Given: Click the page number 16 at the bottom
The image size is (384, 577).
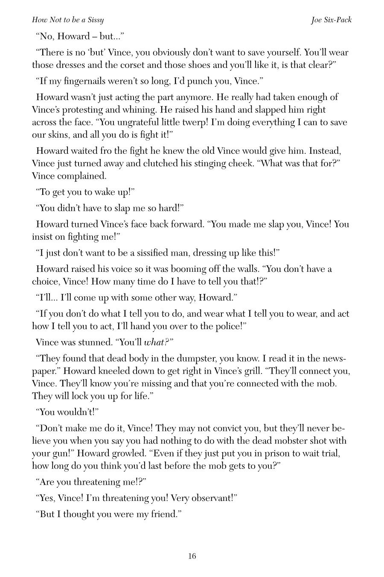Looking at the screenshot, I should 192,556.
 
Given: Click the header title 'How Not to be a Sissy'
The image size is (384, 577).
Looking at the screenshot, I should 68,20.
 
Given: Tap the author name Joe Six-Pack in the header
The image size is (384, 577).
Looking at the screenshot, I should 331,20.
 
